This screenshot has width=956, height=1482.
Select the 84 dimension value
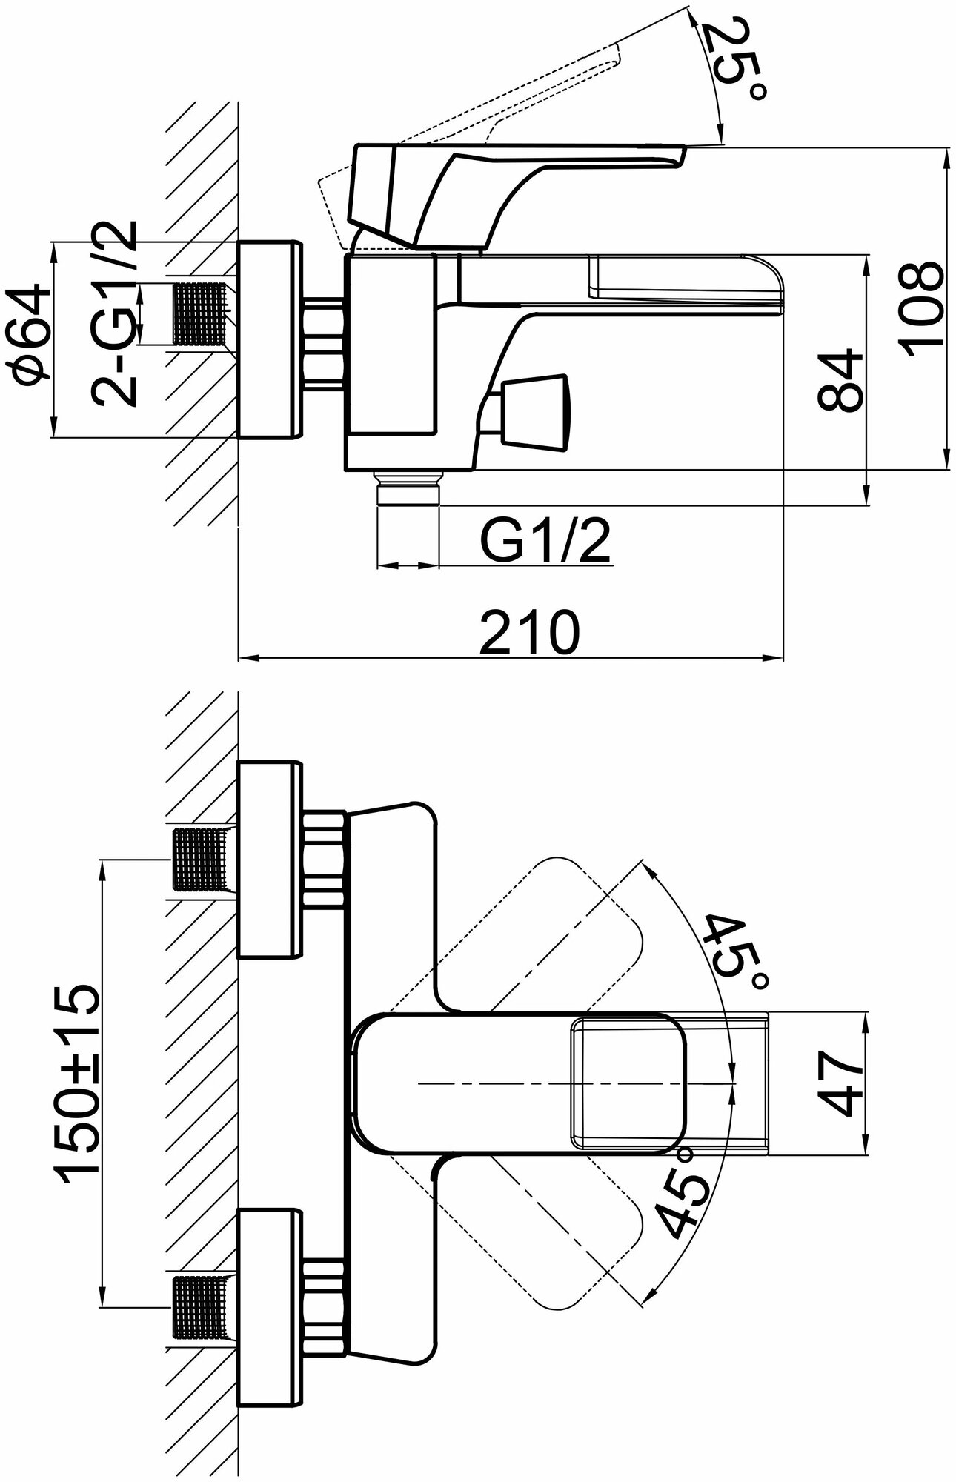(x=841, y=381)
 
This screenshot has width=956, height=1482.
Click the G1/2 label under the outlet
(x=547, y=543)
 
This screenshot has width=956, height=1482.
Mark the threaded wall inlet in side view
(x=199, y=314)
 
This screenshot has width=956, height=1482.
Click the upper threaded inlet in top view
(x=199, y=859)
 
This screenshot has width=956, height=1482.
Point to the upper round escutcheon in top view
(x=270, y=859)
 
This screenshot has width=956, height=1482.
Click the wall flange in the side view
(x=269, y=339)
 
